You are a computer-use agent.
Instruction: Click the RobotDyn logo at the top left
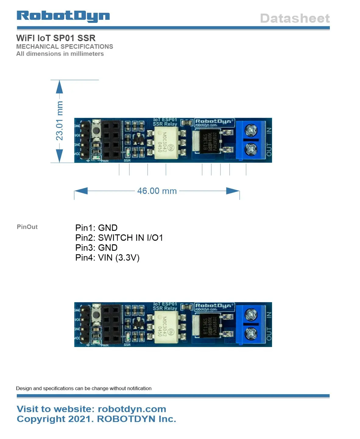tap(63, 16)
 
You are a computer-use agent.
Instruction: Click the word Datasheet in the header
tap(295, 19)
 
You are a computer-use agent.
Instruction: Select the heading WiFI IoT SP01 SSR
tap(56, 38)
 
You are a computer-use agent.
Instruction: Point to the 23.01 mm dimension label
tap(59, 121)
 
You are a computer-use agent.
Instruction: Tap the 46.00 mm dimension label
tap(157, 191)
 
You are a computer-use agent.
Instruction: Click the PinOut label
tap(27, 227)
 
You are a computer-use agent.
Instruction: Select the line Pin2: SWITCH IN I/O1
tap(119, 238)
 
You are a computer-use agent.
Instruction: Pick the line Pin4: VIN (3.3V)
tap(107, 258)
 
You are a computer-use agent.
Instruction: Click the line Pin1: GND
tap(96, 228)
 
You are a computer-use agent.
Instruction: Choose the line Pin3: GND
tap(96, 248)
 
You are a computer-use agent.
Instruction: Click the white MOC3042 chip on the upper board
tap(166, 142)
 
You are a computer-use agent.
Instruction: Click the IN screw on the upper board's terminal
tap(251, 130)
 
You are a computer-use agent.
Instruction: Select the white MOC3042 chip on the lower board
tap(166, 327)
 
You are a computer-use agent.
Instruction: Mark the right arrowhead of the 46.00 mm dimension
tap(233, 191)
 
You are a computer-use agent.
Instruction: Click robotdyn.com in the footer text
tap(132, 409)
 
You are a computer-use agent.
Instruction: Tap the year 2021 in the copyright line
tap(80, 419)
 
